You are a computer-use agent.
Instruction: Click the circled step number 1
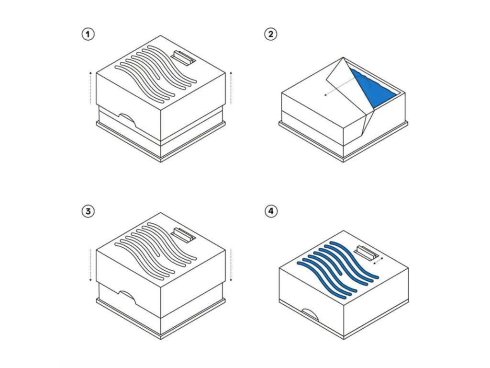tap(88, 34)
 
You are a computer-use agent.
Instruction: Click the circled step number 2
tap(271, 34)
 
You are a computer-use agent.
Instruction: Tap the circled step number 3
tap(88, 211)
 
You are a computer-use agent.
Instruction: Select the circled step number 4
tap(271, 211)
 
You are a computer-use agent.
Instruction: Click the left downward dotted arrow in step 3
tap(90, 266)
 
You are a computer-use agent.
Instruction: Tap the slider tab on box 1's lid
tap(183, 58)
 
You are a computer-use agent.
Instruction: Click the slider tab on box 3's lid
tap(183, 235)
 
